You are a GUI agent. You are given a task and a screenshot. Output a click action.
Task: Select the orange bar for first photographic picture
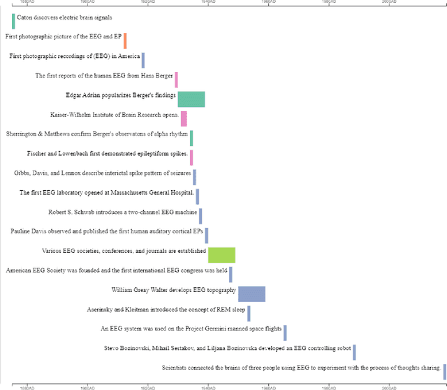click(x=125, y=40)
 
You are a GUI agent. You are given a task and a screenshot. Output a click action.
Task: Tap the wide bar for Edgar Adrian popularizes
click(x=191, y=99)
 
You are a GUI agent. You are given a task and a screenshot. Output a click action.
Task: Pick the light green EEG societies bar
click(x=221, y=254)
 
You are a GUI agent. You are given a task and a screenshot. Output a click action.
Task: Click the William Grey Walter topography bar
click(x=251, y=294)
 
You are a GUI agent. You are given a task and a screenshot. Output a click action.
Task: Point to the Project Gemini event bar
click(x=285, y=333)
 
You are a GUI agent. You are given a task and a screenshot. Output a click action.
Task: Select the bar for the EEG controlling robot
click(x=354, y=352)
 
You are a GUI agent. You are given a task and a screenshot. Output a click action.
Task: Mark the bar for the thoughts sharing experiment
click(x=444, y=371)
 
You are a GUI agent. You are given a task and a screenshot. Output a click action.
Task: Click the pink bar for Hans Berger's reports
click(x=176, y=79)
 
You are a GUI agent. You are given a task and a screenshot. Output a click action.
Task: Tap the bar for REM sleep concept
click(x=249, y=313)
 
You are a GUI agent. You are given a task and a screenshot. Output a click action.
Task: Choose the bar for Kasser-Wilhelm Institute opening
click(x=184, y=118)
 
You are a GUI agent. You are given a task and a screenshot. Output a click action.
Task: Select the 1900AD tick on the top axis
click(x=87, y=3)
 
